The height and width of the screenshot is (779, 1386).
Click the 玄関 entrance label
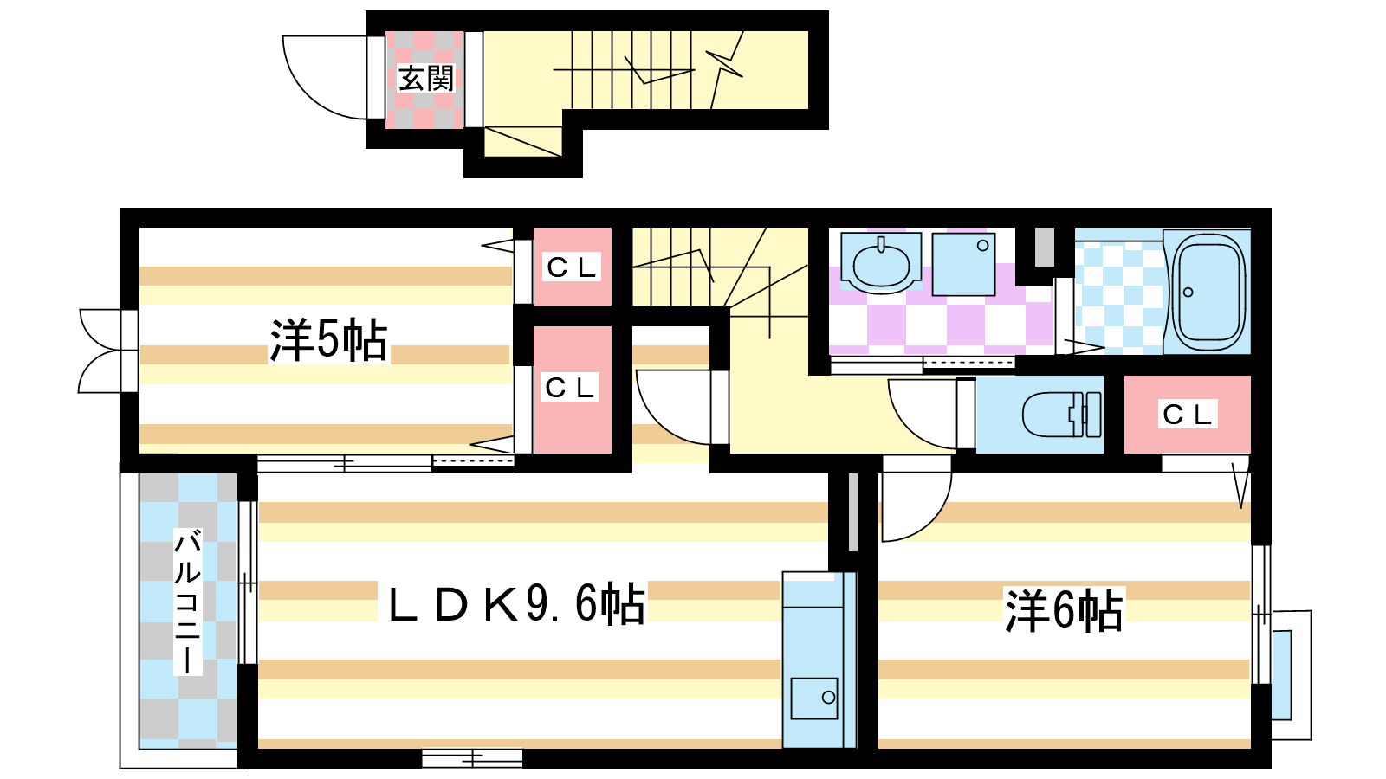[425, 79]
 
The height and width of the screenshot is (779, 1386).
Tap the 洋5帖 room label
[328, 341]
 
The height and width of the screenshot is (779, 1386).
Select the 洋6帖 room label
[1064, 610]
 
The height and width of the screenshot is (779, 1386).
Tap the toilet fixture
[1062, 415]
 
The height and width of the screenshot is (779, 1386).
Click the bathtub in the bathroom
[1208, 292]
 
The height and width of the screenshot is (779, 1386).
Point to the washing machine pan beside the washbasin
[963, 264]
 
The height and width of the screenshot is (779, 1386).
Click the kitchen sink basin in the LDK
[814, 698]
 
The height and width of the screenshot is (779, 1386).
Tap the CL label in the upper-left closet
[572, 267]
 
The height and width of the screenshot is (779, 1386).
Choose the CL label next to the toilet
[1188, 415]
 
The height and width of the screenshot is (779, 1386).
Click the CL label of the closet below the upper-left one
[570, 388]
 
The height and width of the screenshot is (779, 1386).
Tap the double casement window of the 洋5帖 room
[108, 351]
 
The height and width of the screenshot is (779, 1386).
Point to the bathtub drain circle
[1188, 293]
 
